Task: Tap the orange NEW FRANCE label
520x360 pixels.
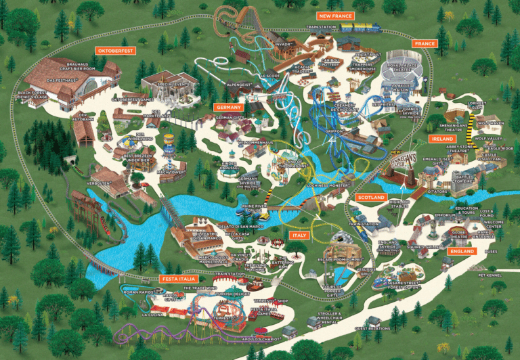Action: [335, 15]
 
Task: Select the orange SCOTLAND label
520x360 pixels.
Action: [370, 197]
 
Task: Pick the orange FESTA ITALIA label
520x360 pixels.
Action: [179, 278]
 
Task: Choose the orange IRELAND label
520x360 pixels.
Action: [441, 139]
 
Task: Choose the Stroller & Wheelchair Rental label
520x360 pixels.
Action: [331, 317]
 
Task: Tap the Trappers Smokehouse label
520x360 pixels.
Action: [363, 68]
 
